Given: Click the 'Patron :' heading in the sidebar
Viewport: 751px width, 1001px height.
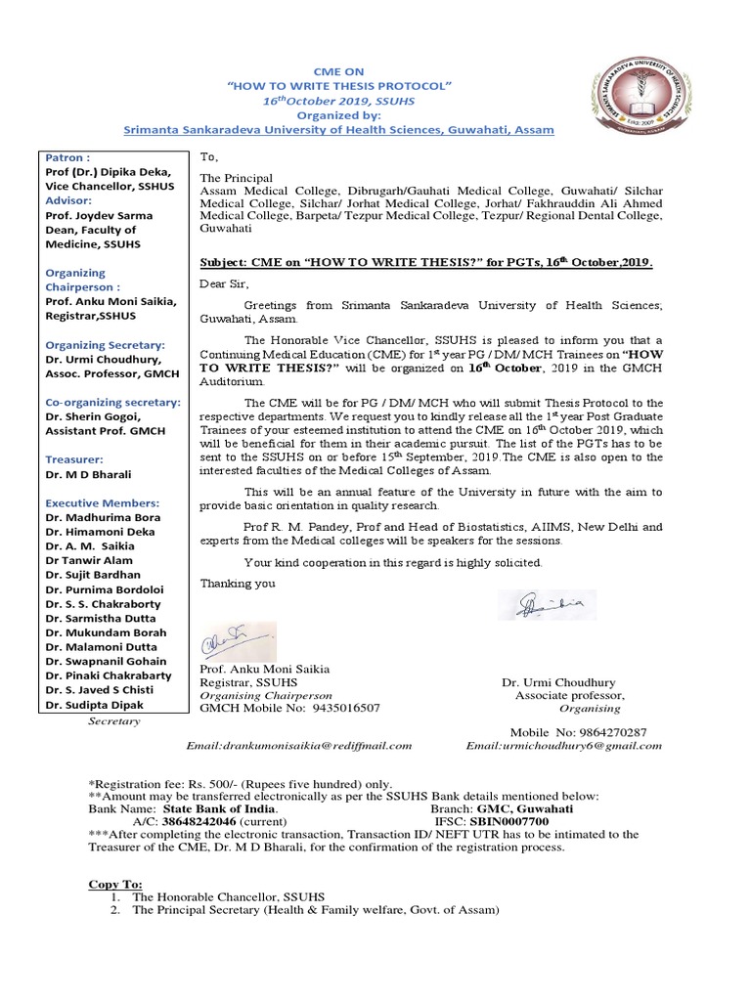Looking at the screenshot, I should [66, 156].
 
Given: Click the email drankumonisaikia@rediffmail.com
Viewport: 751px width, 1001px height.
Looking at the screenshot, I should [299, 745].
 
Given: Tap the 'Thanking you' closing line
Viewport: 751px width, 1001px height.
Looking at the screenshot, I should [238, 584].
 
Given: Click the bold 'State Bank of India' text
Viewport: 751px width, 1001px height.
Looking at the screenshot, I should [219, 809].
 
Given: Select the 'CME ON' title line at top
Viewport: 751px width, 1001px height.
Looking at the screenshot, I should [337, 71].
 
